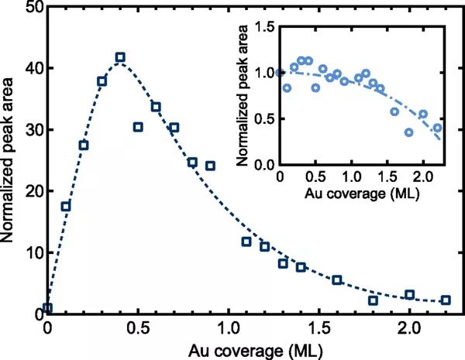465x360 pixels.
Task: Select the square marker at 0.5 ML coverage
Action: pos(138,127)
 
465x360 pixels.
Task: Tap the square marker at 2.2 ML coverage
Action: pos(446,300)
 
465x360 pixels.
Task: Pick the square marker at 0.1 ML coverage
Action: pos(66,206)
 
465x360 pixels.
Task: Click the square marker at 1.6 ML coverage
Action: pos(337,279)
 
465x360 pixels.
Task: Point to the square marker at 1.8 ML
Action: pos(373,300)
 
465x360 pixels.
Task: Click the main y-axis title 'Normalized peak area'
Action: pos(10,159)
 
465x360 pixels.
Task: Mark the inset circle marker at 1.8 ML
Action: pos(408,132)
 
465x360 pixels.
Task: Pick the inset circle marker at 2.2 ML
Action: pos(437,128)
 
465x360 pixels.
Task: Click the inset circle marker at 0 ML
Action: pos(280,73)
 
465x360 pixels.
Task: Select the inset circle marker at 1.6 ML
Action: pos(394,111)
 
